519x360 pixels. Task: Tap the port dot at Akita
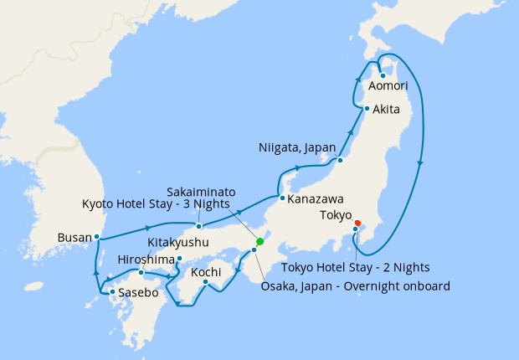point(367,109)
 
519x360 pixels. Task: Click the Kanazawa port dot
point(282,198)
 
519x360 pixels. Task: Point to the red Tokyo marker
point(358,223)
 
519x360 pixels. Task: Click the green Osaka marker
point(259,242)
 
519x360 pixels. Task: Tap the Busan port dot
point(97,237)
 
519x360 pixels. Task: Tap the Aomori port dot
point(382,76)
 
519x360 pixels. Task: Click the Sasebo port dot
point(112,292)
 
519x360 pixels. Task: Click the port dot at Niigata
point(341,159)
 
